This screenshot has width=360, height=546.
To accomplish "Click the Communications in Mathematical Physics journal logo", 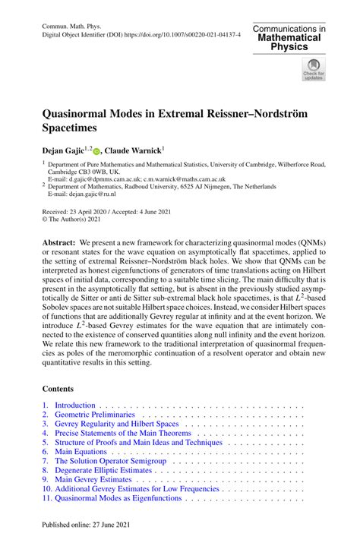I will coord(289,37).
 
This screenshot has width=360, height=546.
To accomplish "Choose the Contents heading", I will coord(61,388).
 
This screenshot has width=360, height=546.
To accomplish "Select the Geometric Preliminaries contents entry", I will coord(95,416).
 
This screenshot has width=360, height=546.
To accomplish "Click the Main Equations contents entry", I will coord(81,452).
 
